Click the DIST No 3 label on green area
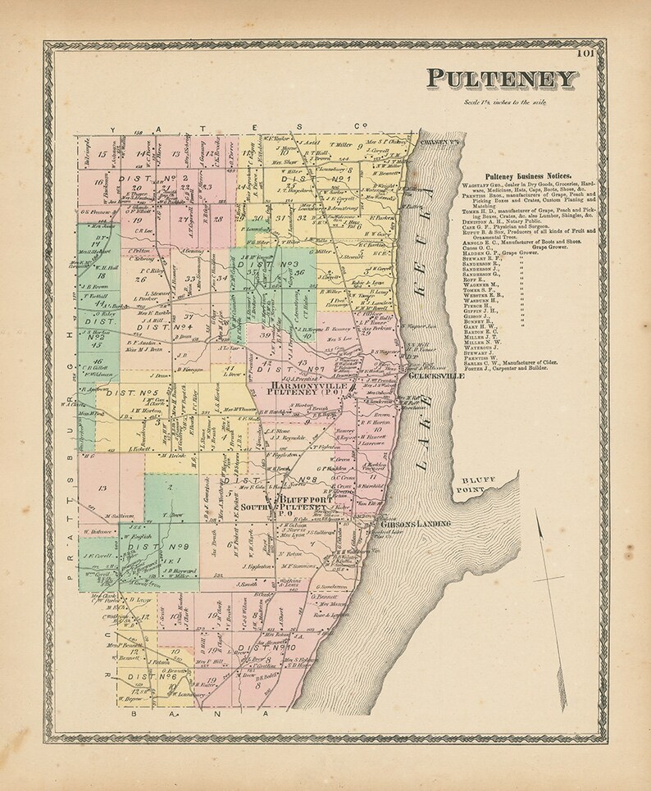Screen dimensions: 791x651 click(274, 266)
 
